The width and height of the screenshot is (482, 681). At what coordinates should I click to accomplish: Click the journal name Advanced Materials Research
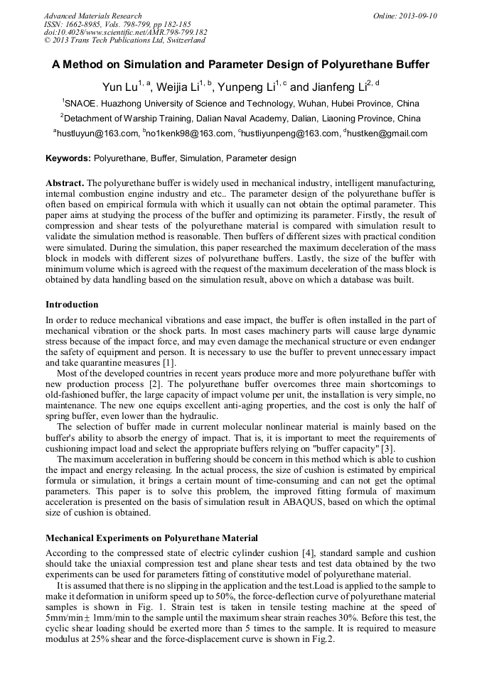(x=92, y=16)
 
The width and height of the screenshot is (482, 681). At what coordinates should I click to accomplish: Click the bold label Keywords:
(x=68, y=158)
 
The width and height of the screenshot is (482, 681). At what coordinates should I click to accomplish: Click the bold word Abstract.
(x=65, y=182)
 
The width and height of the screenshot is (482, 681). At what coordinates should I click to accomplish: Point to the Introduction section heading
(x=72, y=305)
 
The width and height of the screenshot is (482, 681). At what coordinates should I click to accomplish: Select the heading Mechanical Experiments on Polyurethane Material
(x=151, y=538)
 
